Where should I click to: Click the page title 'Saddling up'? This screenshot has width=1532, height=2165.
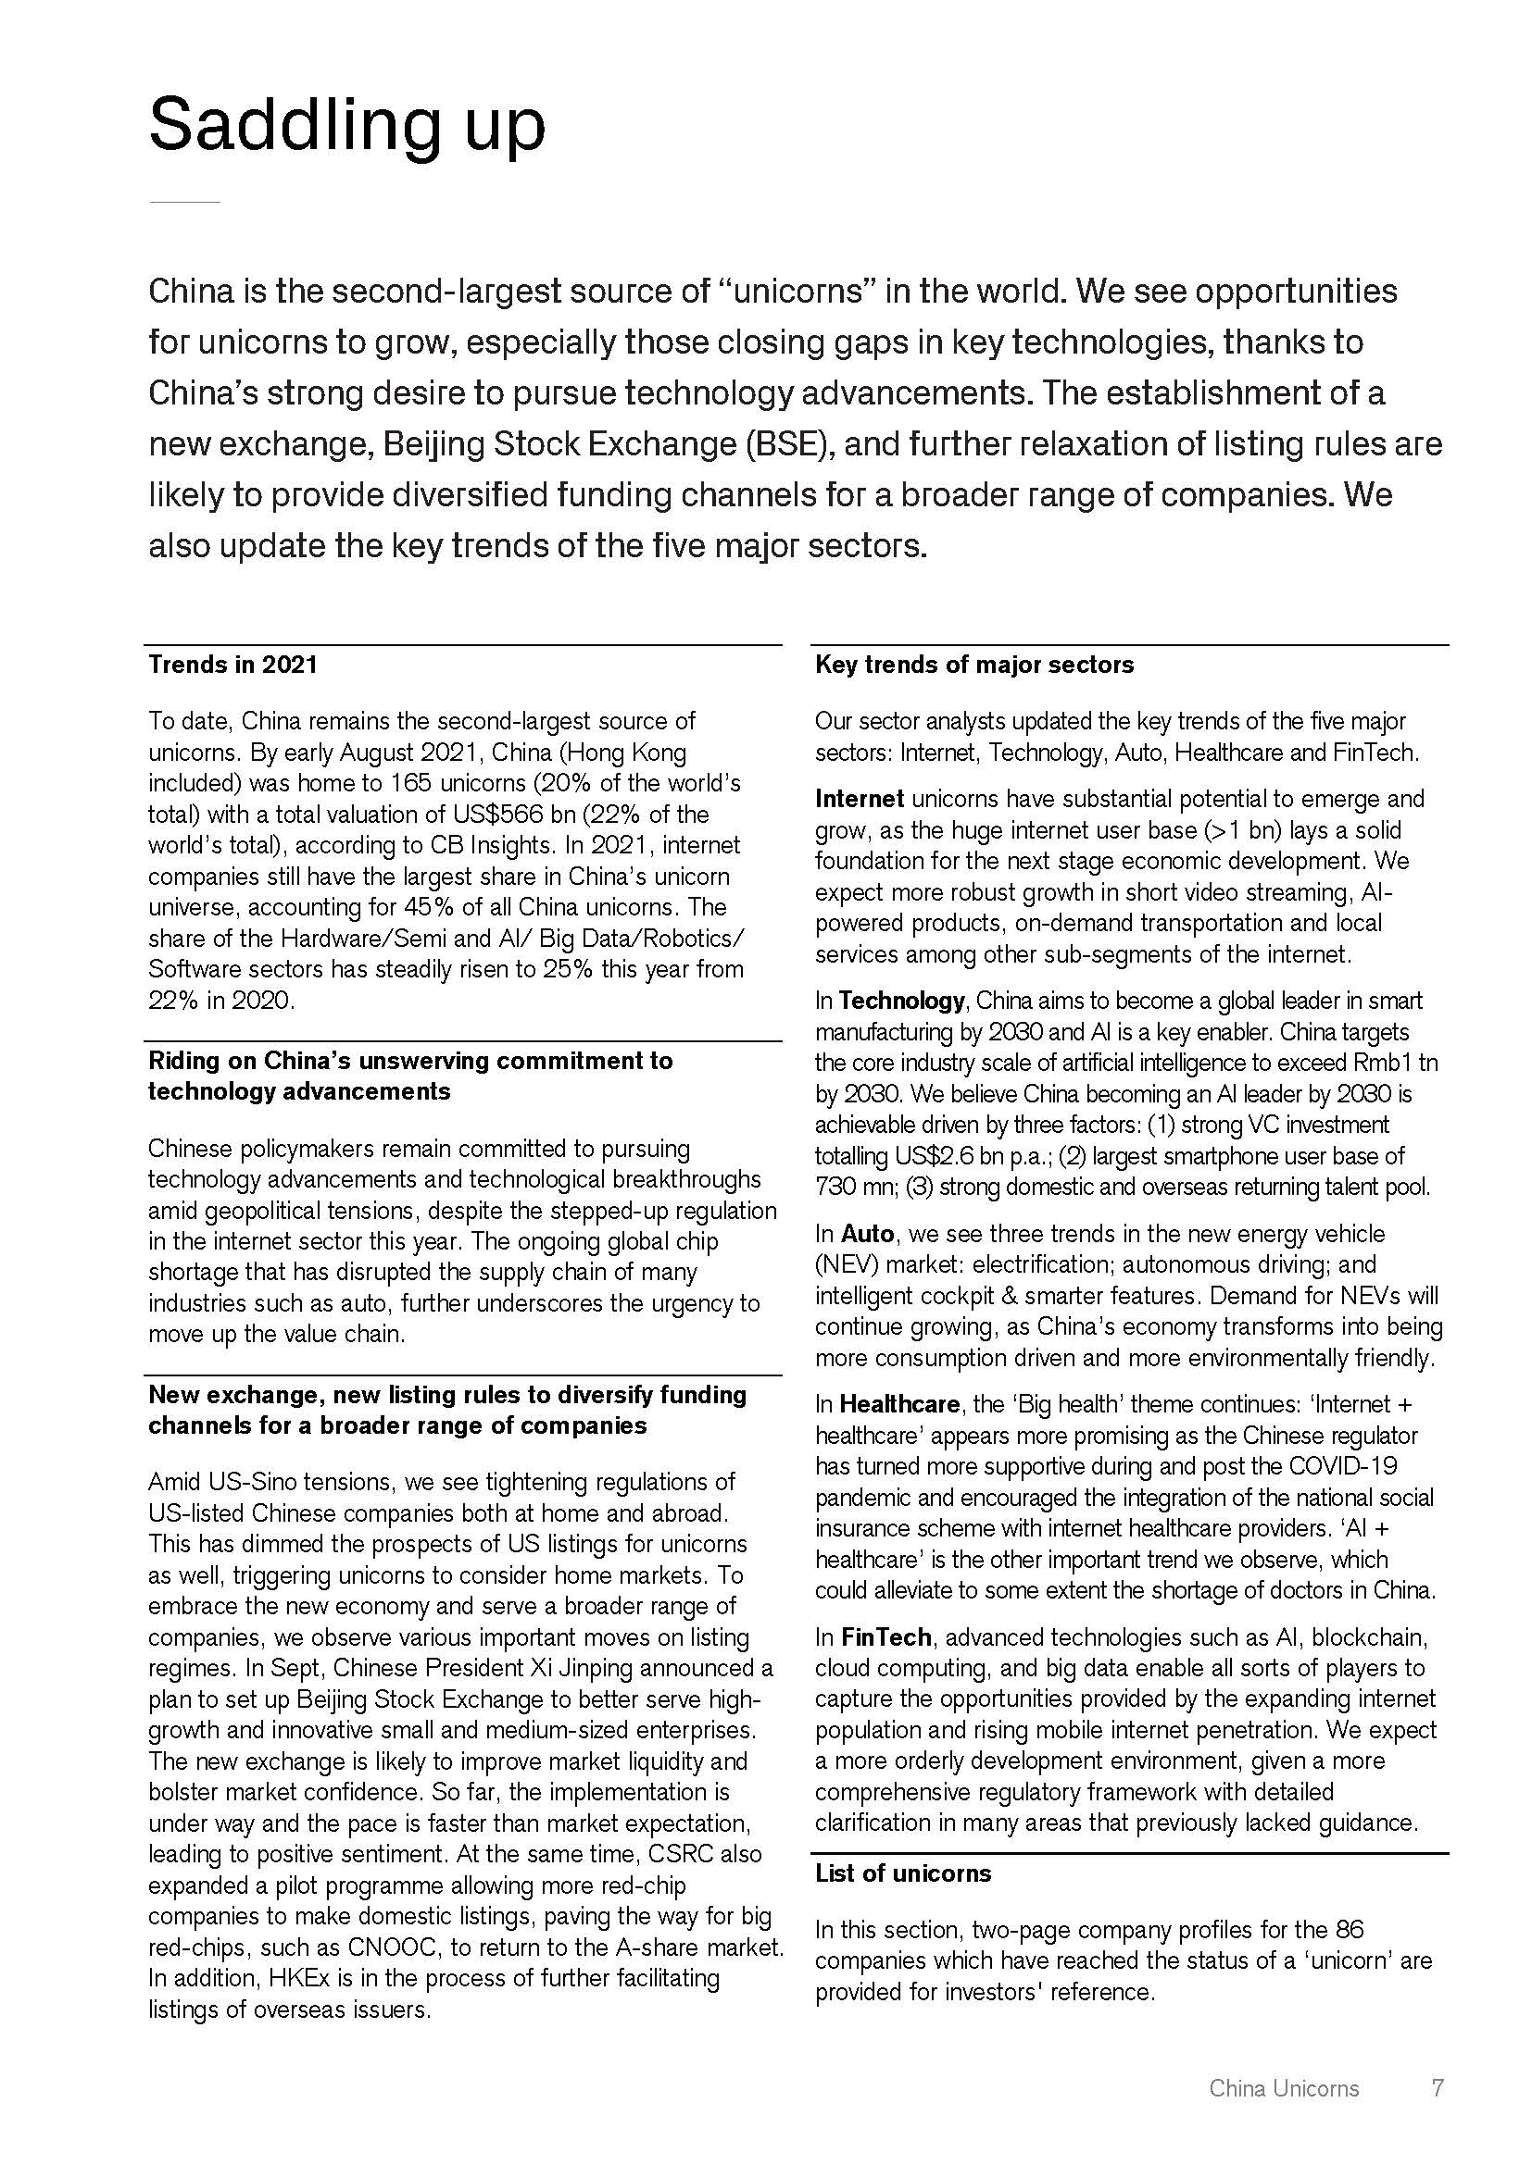tap(346, 125)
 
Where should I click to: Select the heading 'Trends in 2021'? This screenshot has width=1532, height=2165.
tap(233, 665)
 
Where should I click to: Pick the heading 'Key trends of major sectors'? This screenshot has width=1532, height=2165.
tap(973, 665)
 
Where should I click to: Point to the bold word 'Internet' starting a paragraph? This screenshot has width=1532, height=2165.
tap(860, 799)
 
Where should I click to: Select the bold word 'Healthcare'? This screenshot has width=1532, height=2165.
tap(899, 1404)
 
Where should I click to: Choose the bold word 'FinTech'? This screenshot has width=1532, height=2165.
tap(885, 1637)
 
